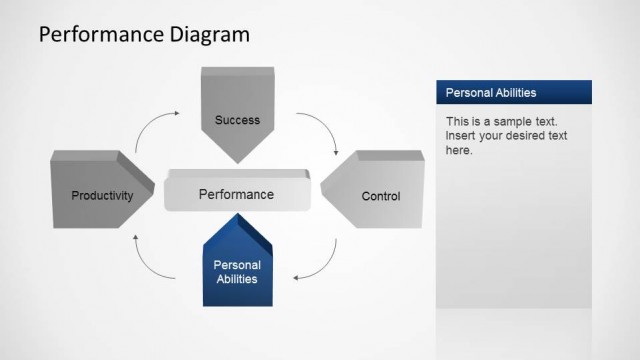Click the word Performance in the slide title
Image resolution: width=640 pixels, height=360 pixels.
click(x=86, y=36)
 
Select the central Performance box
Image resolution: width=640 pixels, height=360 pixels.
click(x=236, y=194)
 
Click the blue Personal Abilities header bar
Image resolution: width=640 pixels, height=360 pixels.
click(x=513, y=92)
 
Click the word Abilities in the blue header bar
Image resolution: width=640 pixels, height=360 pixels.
click(x=513, y=92)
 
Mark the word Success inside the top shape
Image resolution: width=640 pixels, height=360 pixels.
click(x=237, y=120)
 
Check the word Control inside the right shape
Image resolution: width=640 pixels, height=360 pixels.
click(x=380, y=196)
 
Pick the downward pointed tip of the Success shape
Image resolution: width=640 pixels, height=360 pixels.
click(x=237, y=160)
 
